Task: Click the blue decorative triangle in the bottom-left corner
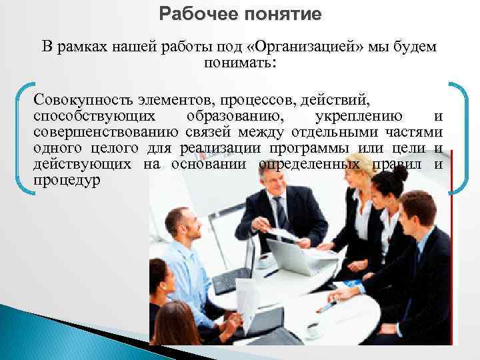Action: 33,333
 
